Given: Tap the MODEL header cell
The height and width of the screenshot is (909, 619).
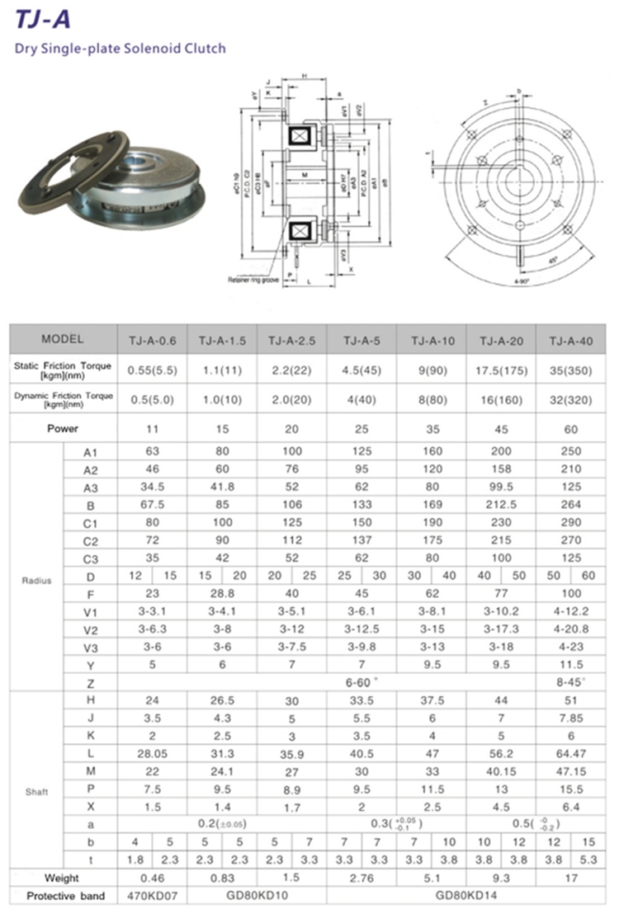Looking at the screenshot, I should [x=63, y=338].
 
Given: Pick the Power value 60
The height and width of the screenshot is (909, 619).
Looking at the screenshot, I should [x=570, y=429].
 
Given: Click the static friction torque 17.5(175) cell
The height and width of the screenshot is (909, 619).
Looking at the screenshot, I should [x=501, y=370].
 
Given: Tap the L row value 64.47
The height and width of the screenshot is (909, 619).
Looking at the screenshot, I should [x=570, y=754].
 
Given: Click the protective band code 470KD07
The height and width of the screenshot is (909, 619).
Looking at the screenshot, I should [x=153, y=896].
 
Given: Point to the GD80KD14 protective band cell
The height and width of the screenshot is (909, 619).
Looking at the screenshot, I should [x=465, y=896].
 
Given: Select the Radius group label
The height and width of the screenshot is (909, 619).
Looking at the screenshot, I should [x=36, y=580].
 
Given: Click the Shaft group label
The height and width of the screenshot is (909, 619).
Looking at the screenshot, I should [x=36, y=792].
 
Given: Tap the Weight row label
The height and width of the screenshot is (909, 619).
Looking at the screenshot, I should [x=63, y=878].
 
